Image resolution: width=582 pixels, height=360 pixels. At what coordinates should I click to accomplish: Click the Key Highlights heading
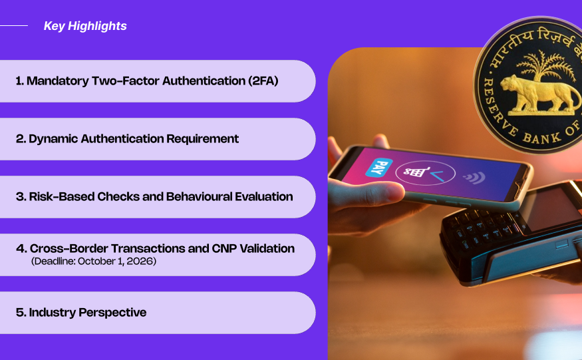point(85,26)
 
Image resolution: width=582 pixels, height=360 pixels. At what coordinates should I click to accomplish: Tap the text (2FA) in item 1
point(263,81)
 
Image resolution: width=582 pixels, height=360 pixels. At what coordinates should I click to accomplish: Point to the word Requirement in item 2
point(202,138)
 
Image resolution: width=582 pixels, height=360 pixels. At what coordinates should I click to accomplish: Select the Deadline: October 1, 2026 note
point(94,261)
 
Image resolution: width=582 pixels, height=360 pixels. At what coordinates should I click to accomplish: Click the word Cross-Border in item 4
point(69,248)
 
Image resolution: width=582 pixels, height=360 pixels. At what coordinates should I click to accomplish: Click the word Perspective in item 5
point(112,313)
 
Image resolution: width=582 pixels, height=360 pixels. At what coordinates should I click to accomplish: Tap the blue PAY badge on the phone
point(378,167)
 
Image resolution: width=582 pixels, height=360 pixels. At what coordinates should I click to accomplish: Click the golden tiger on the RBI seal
point(539,93)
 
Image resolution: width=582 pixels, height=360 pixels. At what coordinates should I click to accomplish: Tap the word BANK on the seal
point(542,138)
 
